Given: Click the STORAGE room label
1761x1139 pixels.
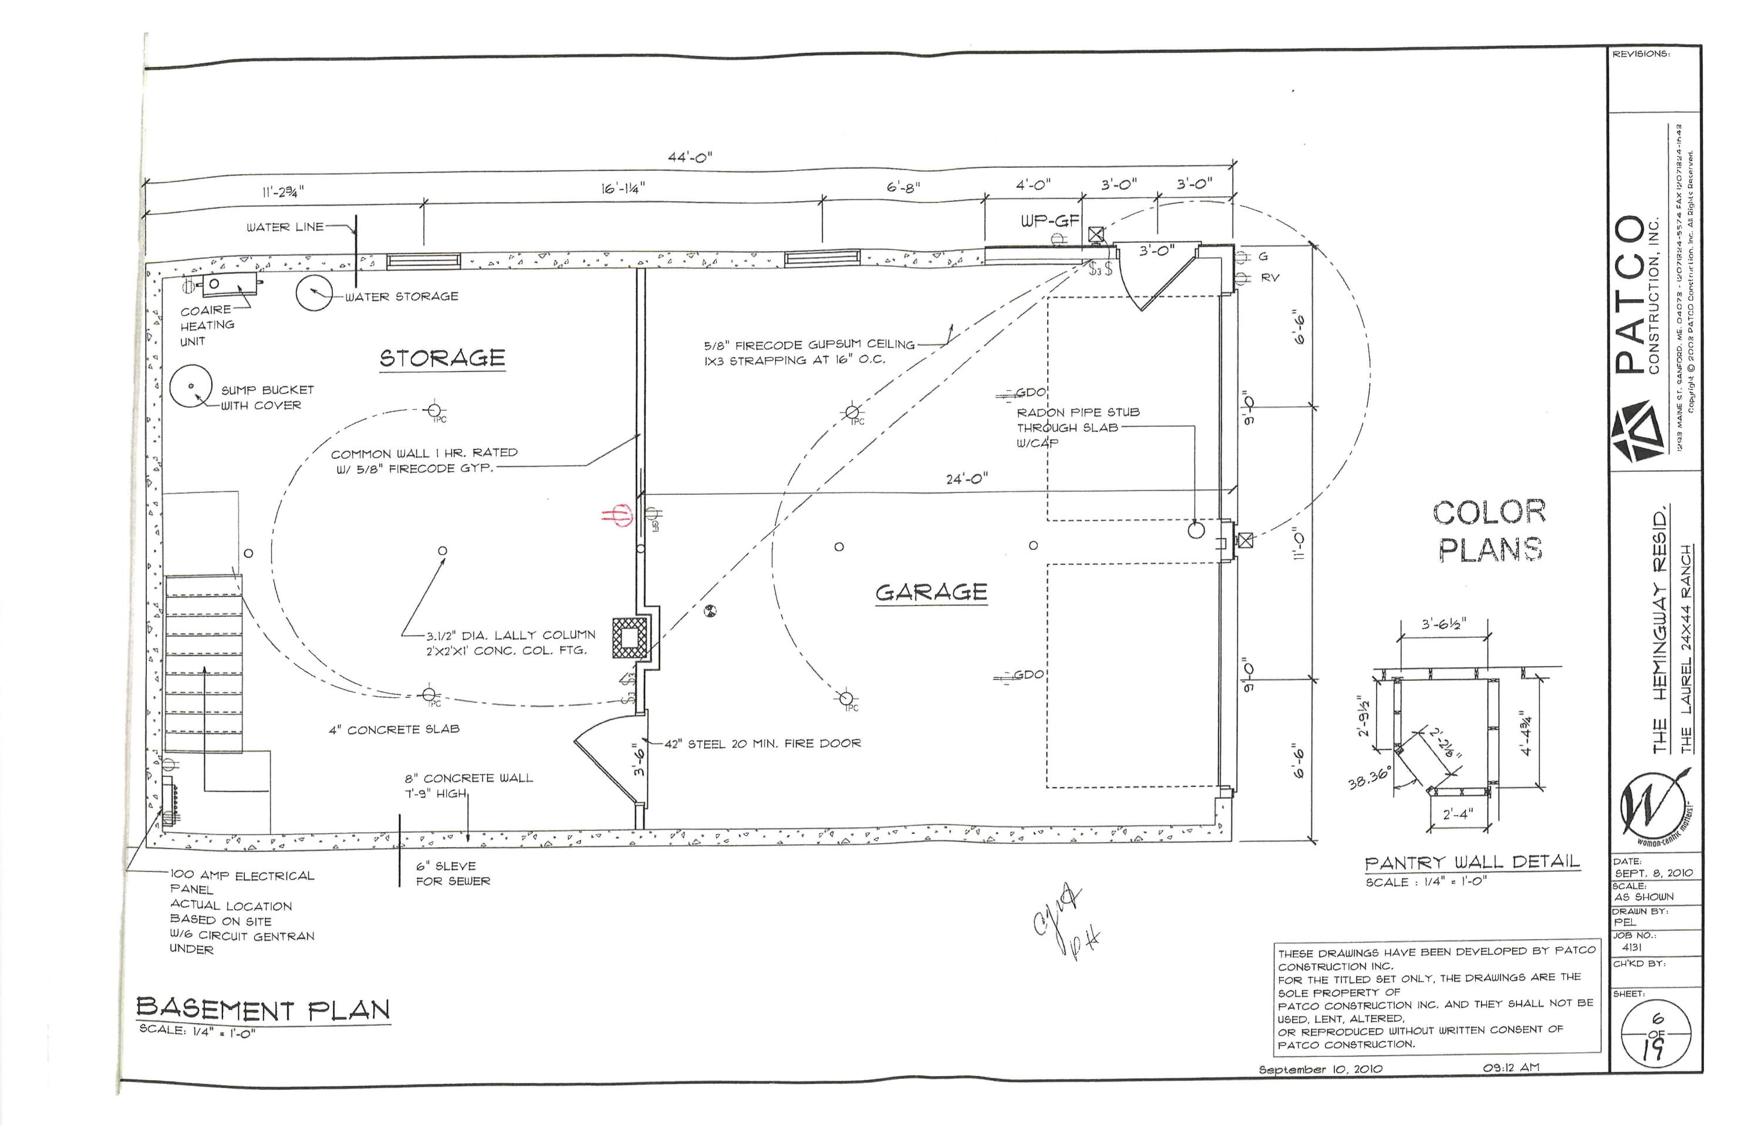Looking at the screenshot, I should [443, 359].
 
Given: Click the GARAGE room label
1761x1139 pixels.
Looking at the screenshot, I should [931, 593].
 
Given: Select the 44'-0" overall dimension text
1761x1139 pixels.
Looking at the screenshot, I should [690, 157].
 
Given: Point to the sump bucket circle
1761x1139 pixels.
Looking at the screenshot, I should [191, 386].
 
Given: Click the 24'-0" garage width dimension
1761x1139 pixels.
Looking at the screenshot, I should [966, 479].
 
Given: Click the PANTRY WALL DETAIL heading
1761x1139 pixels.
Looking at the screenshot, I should [1472, 863].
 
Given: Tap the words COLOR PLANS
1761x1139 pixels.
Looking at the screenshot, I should [1489, 531].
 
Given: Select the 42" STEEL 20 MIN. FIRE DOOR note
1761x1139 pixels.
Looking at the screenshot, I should [762, 744].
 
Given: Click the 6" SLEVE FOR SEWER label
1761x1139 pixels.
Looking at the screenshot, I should [452, 874].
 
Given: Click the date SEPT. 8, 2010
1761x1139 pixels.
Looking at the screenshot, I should [1653, 873].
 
